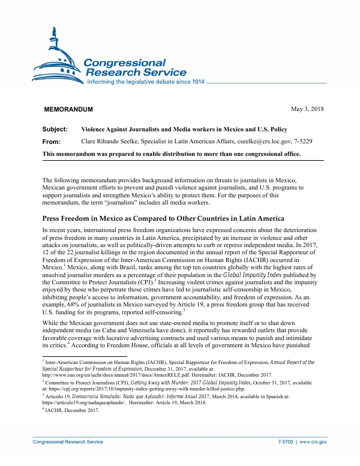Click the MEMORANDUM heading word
point(68,109)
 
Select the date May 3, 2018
point(307,109)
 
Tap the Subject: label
point(55,130)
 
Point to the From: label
point(53,142)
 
